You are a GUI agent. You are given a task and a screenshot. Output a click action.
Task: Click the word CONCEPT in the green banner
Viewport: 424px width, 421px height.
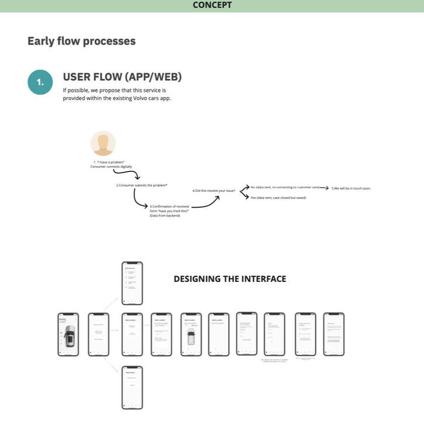click(212, 5)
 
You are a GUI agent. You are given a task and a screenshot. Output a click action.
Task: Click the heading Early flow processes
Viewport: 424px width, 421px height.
click(81, 42)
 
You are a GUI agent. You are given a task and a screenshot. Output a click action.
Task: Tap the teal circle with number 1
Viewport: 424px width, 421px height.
click(40, 82)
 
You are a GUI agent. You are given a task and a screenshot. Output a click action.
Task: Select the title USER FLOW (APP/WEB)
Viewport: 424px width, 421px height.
click(122, 77)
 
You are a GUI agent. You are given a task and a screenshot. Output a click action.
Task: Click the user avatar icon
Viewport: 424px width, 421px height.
click(103, 143)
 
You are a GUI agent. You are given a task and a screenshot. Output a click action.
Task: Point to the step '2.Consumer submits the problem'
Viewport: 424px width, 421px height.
click(142, 185)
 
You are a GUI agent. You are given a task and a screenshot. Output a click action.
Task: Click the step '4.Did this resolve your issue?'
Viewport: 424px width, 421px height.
click(213, 191)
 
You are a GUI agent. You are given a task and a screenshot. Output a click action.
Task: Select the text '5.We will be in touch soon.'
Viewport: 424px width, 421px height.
click(351, 188)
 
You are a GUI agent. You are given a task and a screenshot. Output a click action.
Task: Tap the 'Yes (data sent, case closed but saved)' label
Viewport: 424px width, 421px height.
click(278, 198)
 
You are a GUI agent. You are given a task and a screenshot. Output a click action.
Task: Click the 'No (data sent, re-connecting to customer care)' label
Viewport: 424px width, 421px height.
click(284, 187)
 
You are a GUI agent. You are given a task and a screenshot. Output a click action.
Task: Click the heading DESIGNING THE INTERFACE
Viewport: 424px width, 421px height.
click(230, 279)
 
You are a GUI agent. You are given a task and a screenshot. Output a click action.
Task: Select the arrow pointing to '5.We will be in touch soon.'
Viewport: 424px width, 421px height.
click(324, 188)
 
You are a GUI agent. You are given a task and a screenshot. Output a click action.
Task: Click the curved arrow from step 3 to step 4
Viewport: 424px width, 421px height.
click(205, 202)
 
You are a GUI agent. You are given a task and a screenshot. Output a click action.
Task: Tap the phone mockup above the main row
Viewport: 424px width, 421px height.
click(132, 283)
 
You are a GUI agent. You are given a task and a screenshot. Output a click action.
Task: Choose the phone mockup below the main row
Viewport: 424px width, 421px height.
click(132, 388)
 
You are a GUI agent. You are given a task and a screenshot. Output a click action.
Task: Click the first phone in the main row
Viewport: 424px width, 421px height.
click(68, 334)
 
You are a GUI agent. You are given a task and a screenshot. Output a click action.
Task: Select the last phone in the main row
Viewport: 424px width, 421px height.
click(334, 334)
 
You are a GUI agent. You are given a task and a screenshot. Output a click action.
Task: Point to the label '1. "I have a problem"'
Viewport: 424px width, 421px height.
click(109, 161)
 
